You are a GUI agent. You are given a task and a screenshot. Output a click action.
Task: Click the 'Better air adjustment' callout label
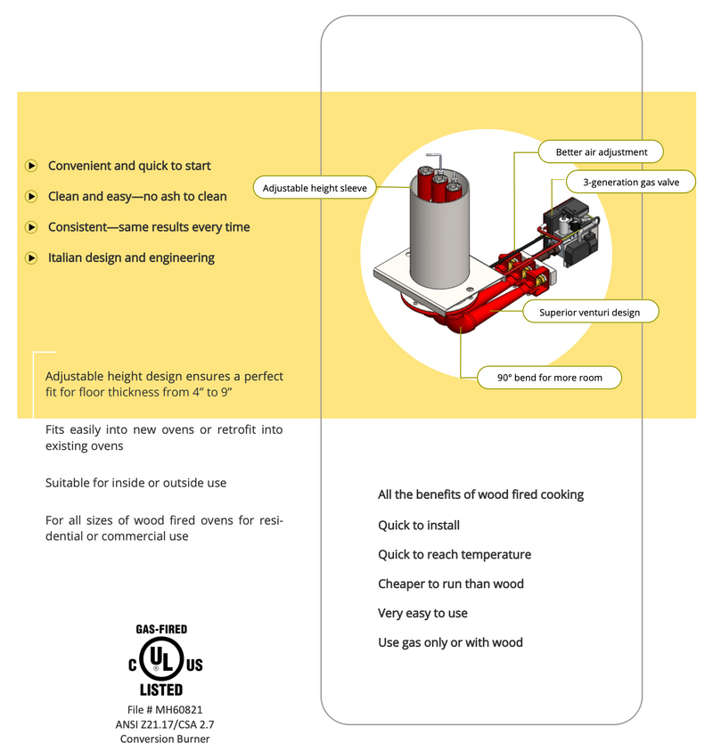click(602, 152)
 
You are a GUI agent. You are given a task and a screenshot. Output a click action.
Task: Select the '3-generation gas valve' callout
click(631, 183)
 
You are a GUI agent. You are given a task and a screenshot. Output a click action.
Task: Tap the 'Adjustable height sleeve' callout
click(315, 188)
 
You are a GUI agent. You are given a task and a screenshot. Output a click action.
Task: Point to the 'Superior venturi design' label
click(589, 313)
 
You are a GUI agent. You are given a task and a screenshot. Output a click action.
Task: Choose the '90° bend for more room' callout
click(549, 378)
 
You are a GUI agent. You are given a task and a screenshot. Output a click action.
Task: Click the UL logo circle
click(160, 660)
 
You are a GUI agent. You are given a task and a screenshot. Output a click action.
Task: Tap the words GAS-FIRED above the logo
click(160, 630)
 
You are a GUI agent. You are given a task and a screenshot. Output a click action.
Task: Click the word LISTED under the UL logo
click(160, 690)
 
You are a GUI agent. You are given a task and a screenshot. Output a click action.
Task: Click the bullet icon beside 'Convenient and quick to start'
click(31, 166)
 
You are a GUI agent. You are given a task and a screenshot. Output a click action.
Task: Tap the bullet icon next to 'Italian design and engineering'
click(31, 258)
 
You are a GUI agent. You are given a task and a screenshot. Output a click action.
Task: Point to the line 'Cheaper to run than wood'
click(451, 584)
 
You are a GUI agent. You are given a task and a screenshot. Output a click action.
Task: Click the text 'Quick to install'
click(419, 526)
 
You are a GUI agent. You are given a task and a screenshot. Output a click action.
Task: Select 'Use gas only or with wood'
click(450, 643)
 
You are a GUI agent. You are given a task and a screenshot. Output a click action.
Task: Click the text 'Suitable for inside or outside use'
click(136, 483)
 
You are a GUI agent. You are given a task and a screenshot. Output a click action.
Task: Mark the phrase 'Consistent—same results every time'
click(149, 227)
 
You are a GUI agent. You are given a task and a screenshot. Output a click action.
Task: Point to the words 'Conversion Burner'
click(165, 739)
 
